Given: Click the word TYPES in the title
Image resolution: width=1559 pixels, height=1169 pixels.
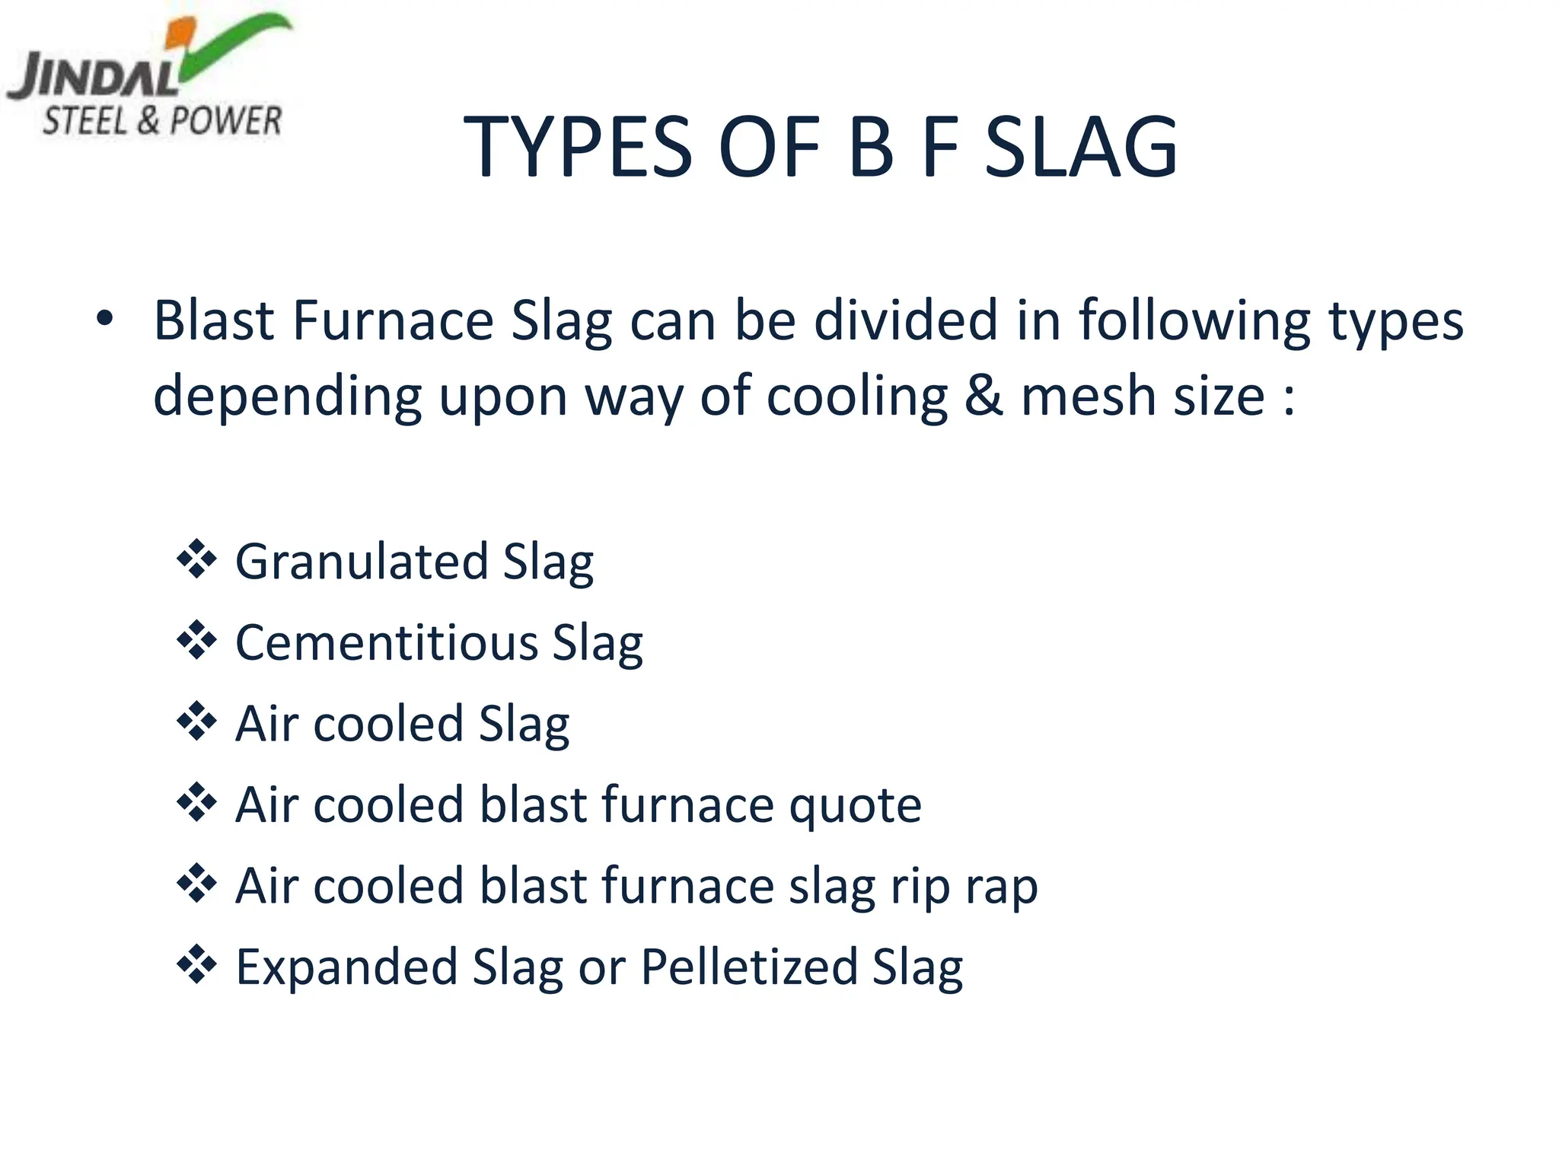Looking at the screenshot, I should pyautogui.click(x=579, y=146).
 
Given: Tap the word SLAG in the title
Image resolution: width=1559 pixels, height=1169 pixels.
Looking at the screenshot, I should pyautogui.click(x=1081, y=146).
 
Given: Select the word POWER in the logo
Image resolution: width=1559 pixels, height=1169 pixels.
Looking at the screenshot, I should pyautogui.click(x=225, y=121).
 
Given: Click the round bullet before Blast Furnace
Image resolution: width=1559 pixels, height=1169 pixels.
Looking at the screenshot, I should pyautogui.click(x=104, y=320).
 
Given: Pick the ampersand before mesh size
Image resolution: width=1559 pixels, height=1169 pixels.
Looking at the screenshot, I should pyautogui.click(x=984, y=396).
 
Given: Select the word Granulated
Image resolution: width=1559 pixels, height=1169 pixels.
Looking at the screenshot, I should pyautogui.click(x=361, y=562).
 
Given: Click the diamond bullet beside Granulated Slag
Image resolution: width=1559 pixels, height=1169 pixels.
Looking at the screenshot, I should pyautogui.click(x=196, y=559).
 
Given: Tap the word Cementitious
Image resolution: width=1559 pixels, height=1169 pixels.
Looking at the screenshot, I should pyautogui.click(x=386, y=643).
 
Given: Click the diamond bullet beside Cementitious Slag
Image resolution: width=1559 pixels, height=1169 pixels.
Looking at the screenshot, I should pyautogui.click(x=196, y=640).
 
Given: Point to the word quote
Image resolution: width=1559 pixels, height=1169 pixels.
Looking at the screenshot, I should pyautogui.click(x=855, y=805).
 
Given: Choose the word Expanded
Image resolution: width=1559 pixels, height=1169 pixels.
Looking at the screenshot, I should pyautogui.click(x=346, y=967).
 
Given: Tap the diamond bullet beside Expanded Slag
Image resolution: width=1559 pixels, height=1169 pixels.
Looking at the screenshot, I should pyautogui.click(x=196, y=964).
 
